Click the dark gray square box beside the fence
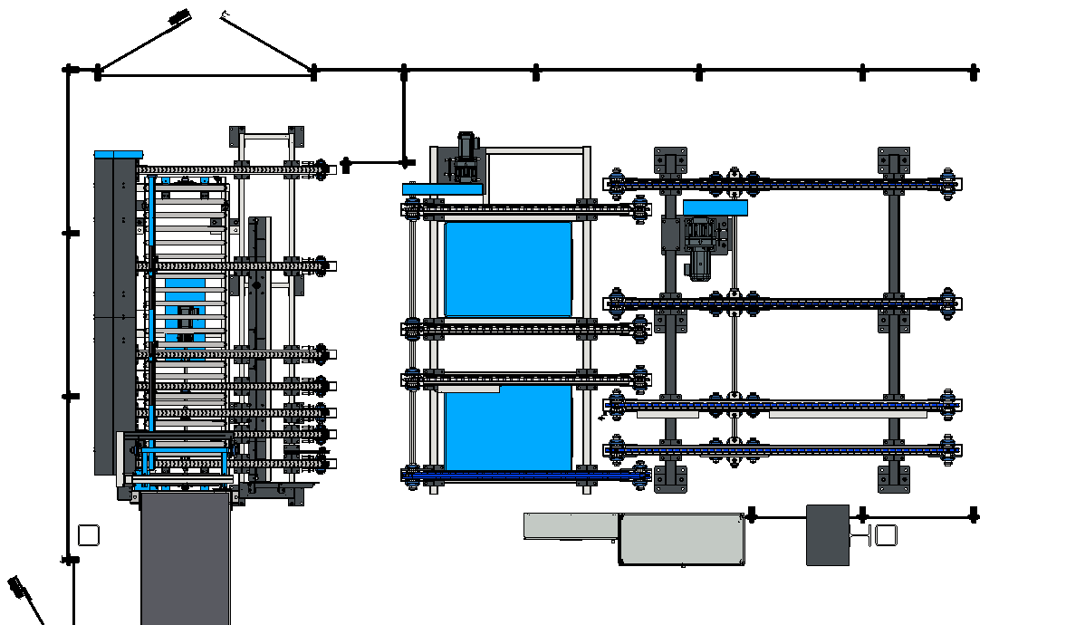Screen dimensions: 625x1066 827,535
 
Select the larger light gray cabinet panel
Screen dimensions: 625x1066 681,539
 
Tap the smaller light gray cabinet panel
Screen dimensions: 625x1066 571,526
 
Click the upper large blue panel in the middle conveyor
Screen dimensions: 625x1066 508,269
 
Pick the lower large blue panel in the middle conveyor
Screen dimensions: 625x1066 508,428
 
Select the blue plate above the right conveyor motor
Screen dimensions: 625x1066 715,207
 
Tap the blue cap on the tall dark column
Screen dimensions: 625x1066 118,154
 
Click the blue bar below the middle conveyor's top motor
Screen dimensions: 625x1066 442,188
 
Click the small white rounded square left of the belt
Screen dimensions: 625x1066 88,535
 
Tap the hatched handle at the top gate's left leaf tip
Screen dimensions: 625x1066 179,15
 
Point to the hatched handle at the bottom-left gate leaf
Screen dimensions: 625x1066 16,586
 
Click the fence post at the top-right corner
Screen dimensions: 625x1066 974,71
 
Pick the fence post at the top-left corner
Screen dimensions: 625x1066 67,69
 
